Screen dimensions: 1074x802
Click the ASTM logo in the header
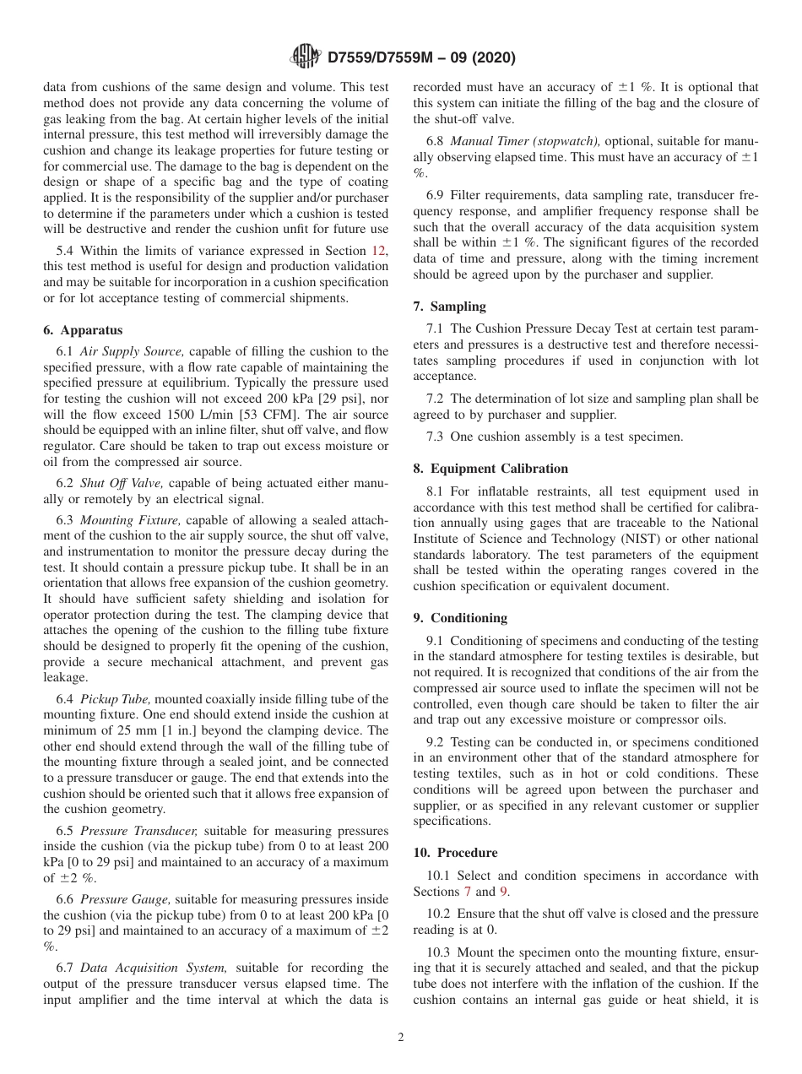[x=305, y=57]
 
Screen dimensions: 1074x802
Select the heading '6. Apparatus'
[x=83, y=330]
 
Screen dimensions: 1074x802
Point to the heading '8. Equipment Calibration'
[x=490, y=468]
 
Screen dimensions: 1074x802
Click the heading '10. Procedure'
[x=455, y=853]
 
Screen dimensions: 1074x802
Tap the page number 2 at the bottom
[x=401, y=1038]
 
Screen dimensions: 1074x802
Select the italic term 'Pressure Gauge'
[x=127, y=900]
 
